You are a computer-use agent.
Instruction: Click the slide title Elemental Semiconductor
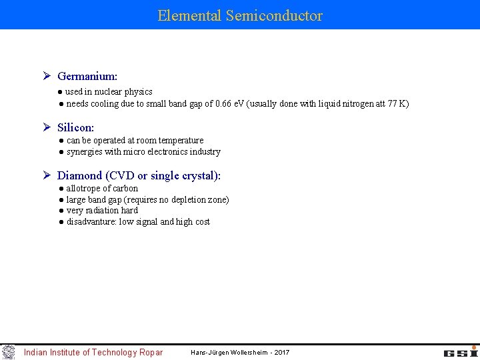240,15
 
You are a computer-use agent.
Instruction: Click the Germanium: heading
87,77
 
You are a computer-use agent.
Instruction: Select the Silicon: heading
75,127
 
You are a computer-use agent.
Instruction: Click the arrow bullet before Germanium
47,77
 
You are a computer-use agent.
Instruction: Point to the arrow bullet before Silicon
47,127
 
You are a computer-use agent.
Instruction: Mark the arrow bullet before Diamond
47,175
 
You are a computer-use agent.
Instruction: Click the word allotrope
85,188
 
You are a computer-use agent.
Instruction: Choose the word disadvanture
91,221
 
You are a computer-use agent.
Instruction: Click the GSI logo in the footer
461,352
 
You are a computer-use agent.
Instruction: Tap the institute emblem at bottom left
9,352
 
